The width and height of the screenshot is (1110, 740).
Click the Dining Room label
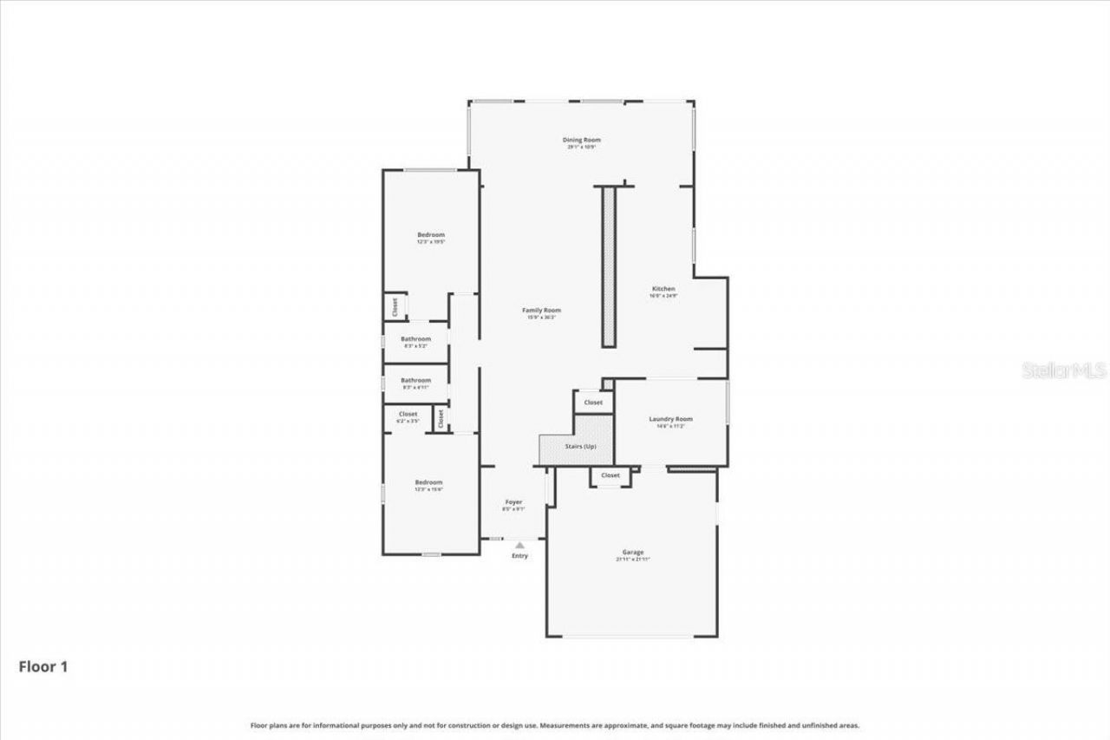click(x=581, y=140)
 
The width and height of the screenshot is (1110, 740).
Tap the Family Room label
click(x=541, y=311)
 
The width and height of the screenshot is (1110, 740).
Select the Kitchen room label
click(x=663, y=289)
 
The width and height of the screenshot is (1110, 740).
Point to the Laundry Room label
click(x=670, y=419)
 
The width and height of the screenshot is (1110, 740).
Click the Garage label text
click(x=632, y=552)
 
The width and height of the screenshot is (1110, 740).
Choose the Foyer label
click(x=513, y=502)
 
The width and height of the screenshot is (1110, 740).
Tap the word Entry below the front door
click(x=519, y=556)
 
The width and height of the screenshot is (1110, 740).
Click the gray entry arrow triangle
click(x=519, y=545)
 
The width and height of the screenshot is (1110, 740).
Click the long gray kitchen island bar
click(x=608, y=266)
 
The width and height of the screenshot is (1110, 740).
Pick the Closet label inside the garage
click(x=610, y=475)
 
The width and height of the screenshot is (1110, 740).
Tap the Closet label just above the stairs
click(x=593, y=403)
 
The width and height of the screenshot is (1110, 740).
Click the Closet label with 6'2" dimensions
click(x=408, y=415)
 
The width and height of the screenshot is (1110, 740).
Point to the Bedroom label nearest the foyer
click(x=428, y=482)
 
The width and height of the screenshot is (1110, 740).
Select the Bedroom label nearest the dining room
click(x=431, y=235)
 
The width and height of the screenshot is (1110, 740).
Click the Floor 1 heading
click(x=43, y=667)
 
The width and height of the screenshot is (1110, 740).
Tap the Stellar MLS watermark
click(x=1064, y=370)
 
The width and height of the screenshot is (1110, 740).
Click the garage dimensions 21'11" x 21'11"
click(x=632, y=560)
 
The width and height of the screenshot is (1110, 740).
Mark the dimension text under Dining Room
click(x=581, y=147)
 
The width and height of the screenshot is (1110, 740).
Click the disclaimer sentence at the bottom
click(x=555, y=725)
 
